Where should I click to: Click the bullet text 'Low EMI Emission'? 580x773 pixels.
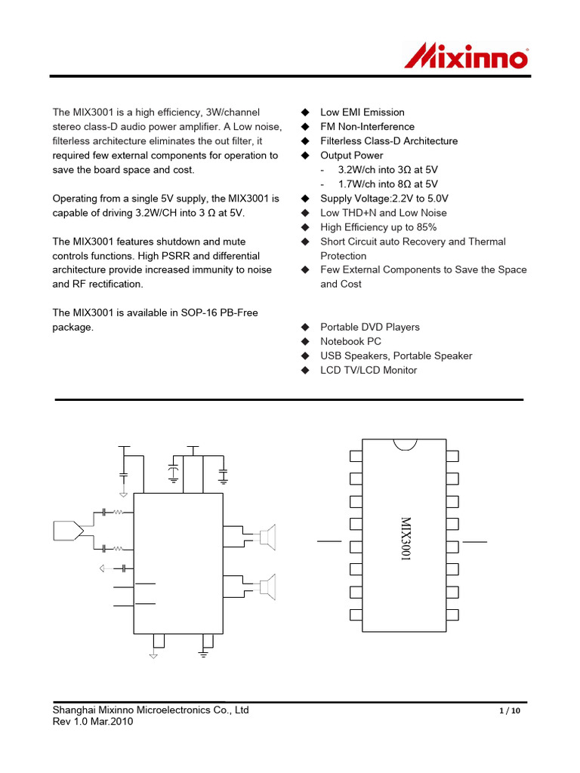tap(362, 112)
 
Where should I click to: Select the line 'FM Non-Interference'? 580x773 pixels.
tap(367, 127)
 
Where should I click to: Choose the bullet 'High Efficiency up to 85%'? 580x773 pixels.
tap(378, 227)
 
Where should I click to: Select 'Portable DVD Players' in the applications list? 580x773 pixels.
tap(370, 327)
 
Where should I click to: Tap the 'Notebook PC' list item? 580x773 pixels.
tap(351, 341)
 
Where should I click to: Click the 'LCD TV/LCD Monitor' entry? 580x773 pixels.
tap(369, 370)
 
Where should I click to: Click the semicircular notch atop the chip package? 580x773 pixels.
tap(405, 443)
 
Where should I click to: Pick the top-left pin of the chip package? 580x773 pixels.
tap(356, 456)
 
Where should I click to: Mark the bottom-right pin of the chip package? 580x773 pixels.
tap(452, 614)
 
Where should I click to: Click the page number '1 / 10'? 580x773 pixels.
tap(511, 712)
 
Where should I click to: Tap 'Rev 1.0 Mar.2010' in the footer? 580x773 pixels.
tap(93, 722)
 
